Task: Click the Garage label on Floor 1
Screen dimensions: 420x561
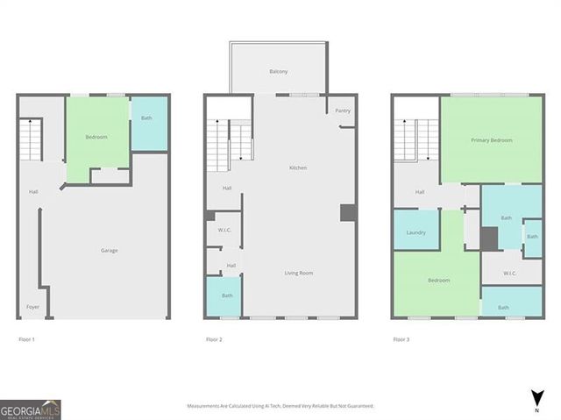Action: click(x=109, y=251)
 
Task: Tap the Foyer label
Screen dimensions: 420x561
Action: click(x=32, y=307)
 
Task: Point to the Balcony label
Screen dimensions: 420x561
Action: click(x=279, y=71)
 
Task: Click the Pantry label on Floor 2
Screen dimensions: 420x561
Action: click(x=344, y=110)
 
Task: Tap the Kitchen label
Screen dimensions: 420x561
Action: click(x=298, y=167)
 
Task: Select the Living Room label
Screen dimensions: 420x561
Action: click(x=298, y=273)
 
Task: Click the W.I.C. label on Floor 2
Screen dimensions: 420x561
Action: click(x=224, y=230)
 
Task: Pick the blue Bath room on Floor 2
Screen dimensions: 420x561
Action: click(x=227, y=296)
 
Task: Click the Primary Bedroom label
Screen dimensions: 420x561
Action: click(x=491, y=140)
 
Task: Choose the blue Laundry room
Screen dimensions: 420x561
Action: click(x=415, y=232)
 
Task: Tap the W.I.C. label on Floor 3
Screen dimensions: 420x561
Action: click(x=510, y=273)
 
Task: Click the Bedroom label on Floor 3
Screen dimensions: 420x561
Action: click(x=438, y=281)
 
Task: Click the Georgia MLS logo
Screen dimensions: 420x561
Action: click(x=31, y=409)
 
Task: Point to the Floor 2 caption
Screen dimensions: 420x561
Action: click(x=215, y=339)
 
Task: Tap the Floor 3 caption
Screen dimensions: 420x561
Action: click(x=401, y=339)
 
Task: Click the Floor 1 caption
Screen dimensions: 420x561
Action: click(x=27, y=339)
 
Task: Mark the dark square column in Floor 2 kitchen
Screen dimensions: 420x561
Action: click(x=347, y=212)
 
